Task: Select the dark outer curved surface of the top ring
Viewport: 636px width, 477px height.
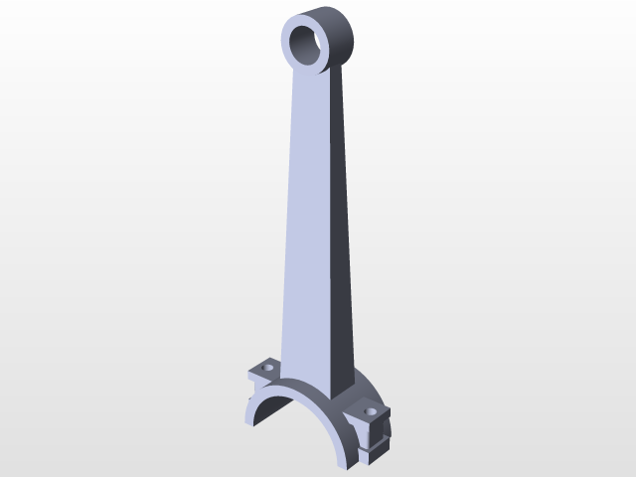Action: [x=343, y=35]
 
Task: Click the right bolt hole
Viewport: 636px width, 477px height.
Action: [x=372, y=410]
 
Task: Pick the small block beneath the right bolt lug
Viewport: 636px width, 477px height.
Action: [x=371, y=452]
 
